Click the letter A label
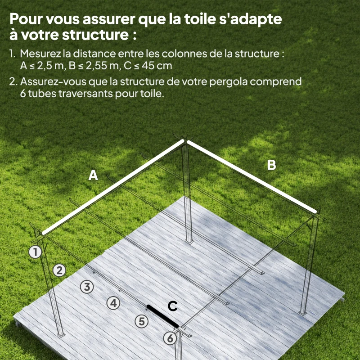[x=93, y=175]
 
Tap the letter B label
[x=271, y=165]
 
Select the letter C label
[x=172, y=306]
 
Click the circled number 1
[x=35, y=252]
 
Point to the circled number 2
[x=59, y=270]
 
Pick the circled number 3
[x=87, y=286]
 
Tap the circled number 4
[x=114, y=303]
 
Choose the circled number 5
[x=142, y=321]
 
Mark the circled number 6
[x=170, y=338]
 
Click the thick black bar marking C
[x=162, y=316]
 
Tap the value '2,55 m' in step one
[x=98, y=66]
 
